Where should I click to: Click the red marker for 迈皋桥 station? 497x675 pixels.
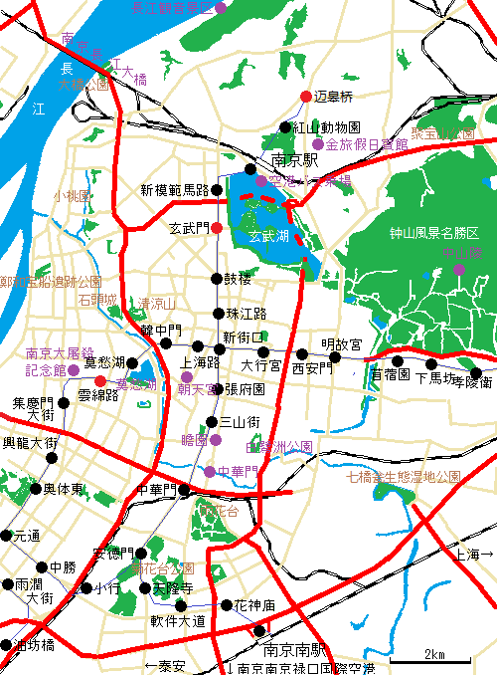tap(306, 97)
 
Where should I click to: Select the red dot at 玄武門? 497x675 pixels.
tap(217, 229)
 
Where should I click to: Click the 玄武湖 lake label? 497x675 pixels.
tap(268, 237)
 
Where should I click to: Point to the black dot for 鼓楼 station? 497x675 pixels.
tap(217, 279)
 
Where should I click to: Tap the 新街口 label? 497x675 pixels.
tap(244, 337)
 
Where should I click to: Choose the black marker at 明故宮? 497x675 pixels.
tap(335, 356)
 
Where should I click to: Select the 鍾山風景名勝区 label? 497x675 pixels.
tap(433, 233)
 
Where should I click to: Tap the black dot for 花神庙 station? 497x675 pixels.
tap(227, 604)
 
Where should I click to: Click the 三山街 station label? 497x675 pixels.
tap(240, 422)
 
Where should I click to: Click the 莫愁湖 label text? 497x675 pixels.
tap(103, 362)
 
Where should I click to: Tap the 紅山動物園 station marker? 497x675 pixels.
tap(285, 127)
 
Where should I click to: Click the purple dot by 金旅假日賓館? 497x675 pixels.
tap(318, 144)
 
